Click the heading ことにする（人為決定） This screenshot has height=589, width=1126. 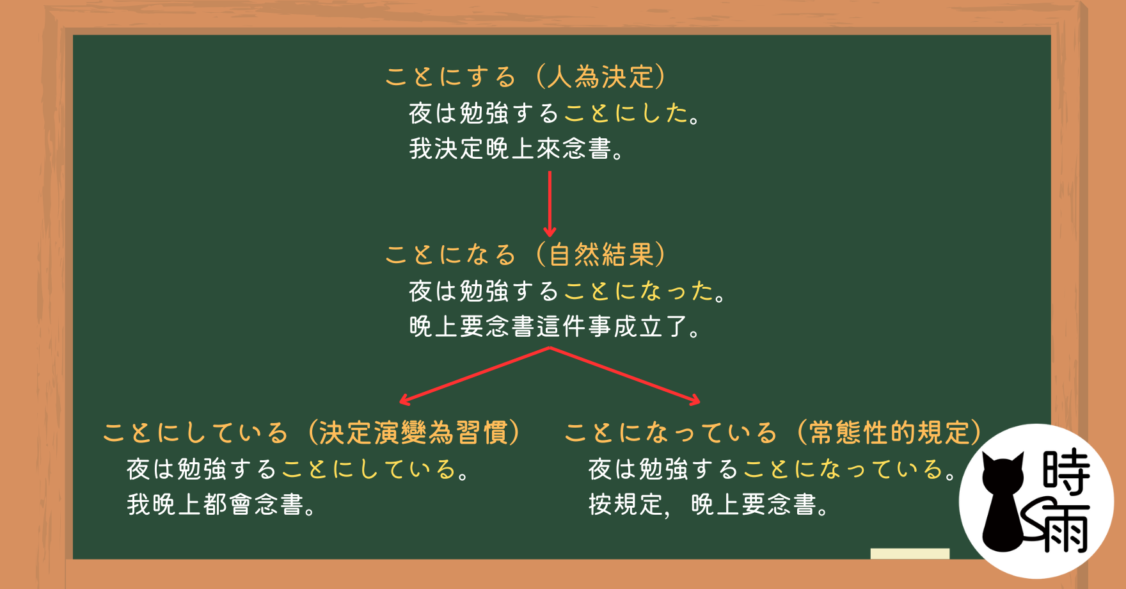526,77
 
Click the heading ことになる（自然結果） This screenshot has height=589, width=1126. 526,255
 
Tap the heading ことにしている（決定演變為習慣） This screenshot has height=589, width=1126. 313,433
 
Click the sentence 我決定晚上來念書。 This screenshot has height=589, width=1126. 516,149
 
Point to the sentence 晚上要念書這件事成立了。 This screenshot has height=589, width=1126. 555,327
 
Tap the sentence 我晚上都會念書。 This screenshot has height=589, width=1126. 221,504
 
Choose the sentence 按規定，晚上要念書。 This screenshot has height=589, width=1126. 709,504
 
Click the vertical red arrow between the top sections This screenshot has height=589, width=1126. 550,204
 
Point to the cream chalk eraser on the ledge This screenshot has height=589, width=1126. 910,554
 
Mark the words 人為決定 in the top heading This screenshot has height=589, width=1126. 601,77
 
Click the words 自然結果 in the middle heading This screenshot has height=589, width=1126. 601,255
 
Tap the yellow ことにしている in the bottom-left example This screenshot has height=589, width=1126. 369,469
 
